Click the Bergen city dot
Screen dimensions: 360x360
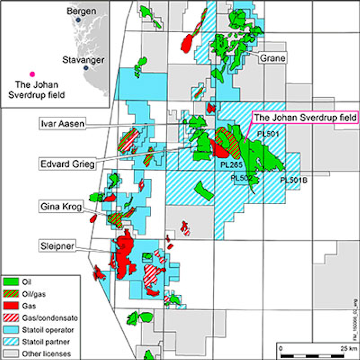(78, 20)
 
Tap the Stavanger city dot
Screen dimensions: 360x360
(86, 68)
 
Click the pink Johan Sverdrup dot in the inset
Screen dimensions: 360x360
(33, 73)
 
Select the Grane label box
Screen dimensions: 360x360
(272, 58)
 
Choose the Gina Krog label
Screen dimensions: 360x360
(61, 206)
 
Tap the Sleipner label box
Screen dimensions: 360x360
(58, 246)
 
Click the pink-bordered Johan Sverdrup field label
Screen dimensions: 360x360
(305, 118)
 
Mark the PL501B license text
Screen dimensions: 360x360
(294, 180)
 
